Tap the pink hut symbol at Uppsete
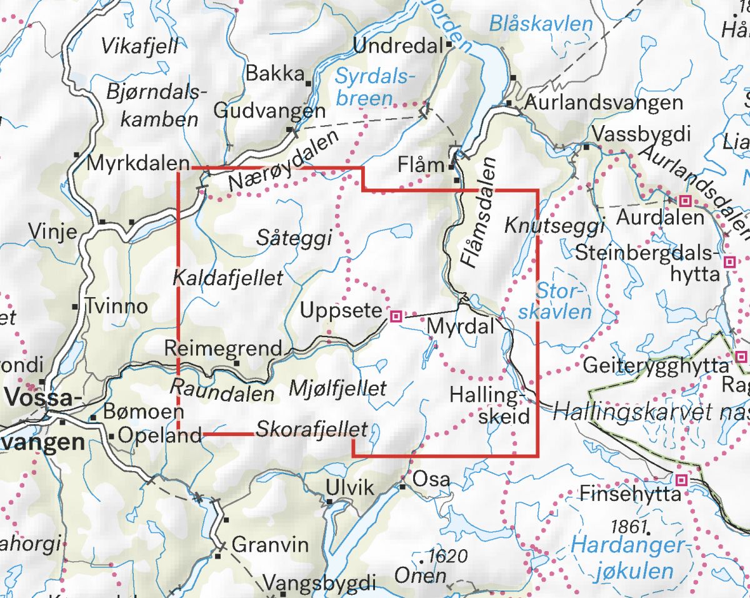point(395,317)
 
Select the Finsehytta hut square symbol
point(682,480)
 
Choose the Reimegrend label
point(223,348)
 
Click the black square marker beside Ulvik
point(329,501)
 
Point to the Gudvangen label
point(269,111)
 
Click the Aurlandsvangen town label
point(604,103)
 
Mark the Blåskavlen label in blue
point(541,24)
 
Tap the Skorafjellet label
point(311,430)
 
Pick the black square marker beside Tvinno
point(76,307)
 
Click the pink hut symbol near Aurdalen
point(685,201)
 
